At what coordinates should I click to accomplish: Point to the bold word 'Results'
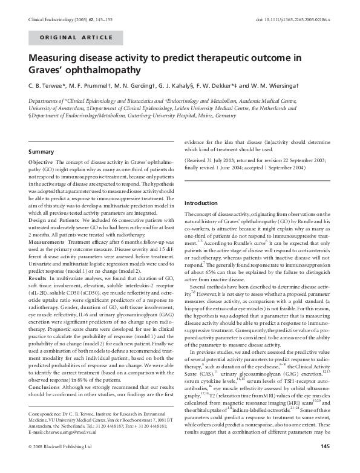tap(38, 294)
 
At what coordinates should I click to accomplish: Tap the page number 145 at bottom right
tap(325, 464)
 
